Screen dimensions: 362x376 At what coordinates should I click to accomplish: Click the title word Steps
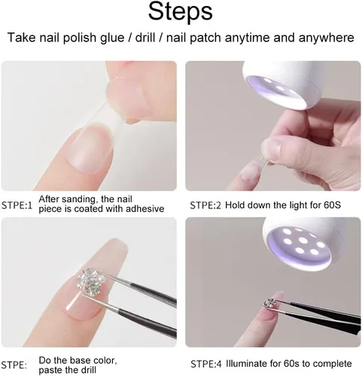181,12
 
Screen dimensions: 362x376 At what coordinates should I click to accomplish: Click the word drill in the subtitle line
145,38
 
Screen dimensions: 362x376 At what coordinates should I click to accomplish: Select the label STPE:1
17,205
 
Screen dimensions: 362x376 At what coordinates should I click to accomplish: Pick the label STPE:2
205,205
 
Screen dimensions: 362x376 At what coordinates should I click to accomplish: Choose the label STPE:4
206,364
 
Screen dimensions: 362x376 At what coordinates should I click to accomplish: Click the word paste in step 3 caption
50,370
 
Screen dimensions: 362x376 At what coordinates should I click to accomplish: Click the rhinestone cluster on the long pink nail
90,281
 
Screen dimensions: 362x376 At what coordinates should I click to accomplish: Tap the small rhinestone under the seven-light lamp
269,302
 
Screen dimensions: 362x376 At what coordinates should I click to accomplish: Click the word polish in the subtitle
79,38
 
